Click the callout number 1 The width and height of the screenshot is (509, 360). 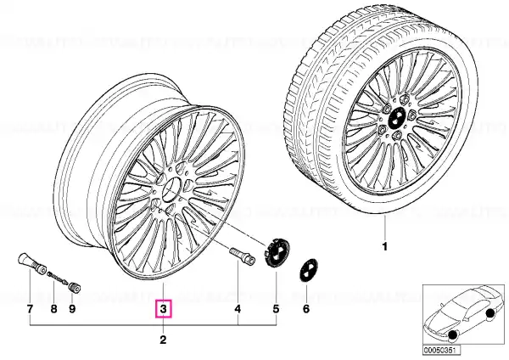click(x=384, y=246)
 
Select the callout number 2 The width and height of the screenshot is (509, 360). click(x=163, y=340)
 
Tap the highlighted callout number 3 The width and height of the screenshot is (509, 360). click(x=163, y=309)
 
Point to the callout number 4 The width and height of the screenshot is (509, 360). click(x=238, y=309)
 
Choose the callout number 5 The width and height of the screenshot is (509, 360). click(x=276, y=309)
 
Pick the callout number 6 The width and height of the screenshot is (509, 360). click(x=306, y=309)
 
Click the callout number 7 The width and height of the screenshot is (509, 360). click(x=30, y=309)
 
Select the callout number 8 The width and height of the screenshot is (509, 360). click(x=54, y=309)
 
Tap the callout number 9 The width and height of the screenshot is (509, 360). click(x=72, y=309)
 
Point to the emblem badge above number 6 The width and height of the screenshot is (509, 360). click(x=308, y=270)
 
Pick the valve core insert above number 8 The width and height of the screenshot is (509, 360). click(x=58, y=278)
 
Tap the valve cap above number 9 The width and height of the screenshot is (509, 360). click(x=75, y=288)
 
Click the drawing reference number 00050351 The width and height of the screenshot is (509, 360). click(x=437, y=351)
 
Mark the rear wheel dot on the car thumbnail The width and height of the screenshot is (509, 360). click(x=490, y=313)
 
